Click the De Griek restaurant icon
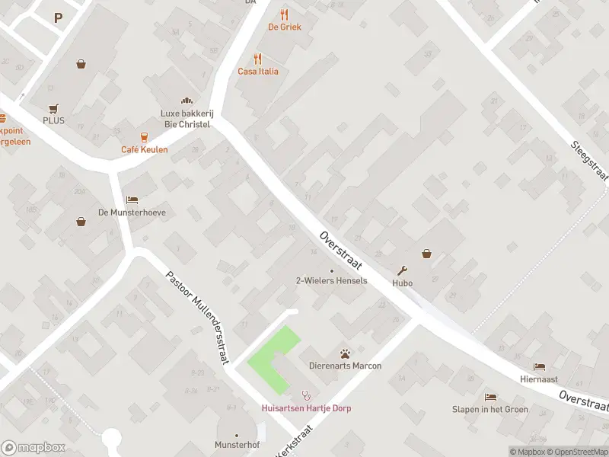click(x=285, y=14)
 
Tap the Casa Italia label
click(x=258, y=72)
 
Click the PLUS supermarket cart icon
click(x=53, y=109)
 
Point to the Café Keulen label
click(x=145, y=149)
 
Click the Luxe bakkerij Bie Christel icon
click(x=186, y=101)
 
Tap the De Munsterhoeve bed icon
click(x=132, y=200)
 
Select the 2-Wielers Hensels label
click(x=331, y=280)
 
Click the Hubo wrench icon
click(x=403, y=270)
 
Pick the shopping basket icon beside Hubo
click(x=426, y=254)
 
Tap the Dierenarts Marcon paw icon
click(x=345, y=353)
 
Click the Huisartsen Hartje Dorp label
click(x=306, y=407)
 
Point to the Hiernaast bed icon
click(x=540, y=366)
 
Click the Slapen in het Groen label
click(x=490, y=408)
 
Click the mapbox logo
click(x=33, y=447)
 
